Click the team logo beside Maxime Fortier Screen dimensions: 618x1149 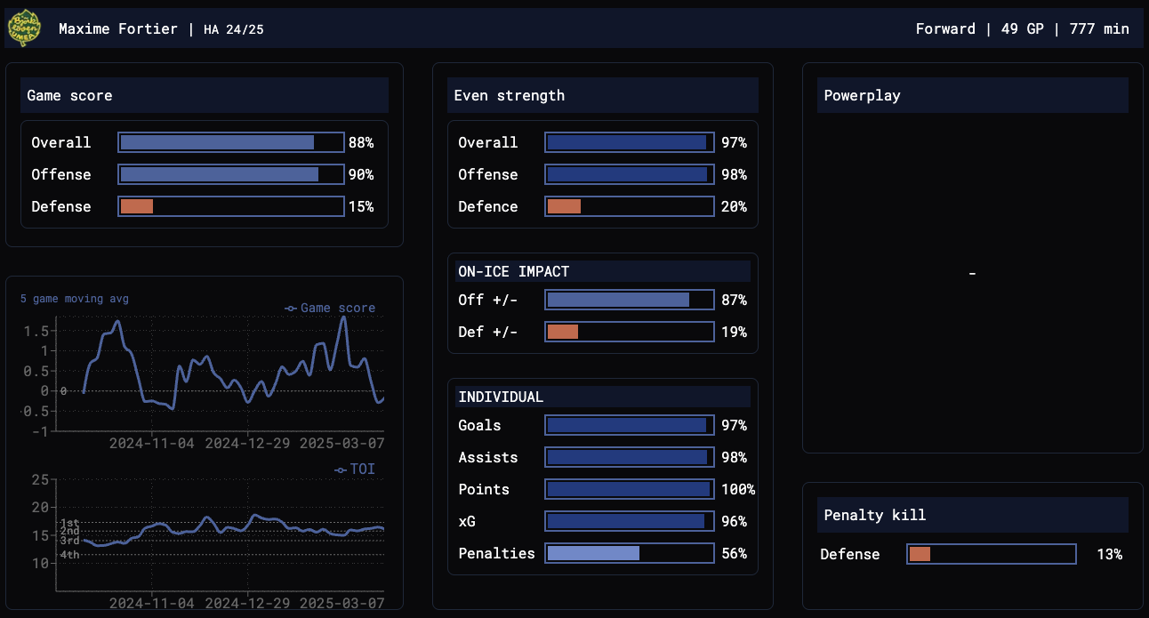pos(24,28)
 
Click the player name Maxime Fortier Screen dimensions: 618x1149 pos(119,29)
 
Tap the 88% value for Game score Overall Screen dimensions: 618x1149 pos(361,142)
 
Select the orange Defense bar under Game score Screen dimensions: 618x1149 pos(137,206)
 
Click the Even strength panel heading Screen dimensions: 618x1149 pos(510,95)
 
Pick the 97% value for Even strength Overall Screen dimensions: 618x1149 pos(734,142)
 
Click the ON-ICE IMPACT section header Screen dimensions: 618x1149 pos(513,271)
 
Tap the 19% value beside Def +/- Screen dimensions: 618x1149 pos(734,333)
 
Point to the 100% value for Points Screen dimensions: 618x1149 pos(737,489)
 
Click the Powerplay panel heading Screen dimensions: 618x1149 pos(862,95)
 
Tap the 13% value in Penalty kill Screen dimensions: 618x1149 pos(1109,554)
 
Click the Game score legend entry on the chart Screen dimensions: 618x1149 pos(331,309)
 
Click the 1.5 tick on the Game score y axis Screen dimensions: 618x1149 pos(36,331)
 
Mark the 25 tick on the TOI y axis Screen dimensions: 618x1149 pos(39,480)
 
